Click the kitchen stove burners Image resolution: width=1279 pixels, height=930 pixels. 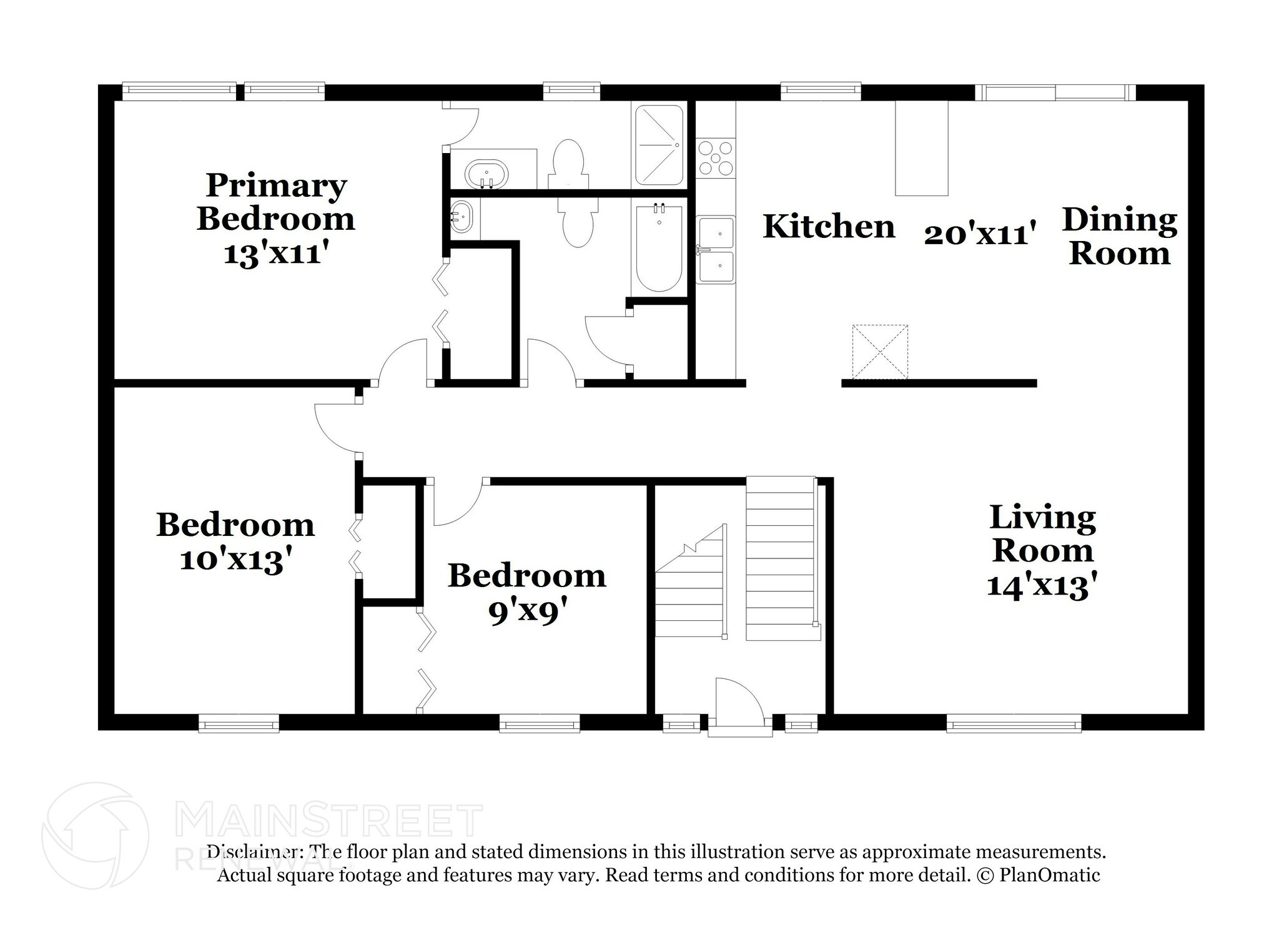click(x=716, y=158)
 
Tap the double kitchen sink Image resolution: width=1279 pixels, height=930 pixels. click(x=716, y=250)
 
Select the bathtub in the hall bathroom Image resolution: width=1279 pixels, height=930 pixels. click(x=658, y=249)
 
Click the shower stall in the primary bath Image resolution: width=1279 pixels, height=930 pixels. click(x=659, y=145)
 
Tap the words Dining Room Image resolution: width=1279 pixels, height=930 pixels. click(x=1119, y=237)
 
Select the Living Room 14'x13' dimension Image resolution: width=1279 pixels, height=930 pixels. click(x=1042, y=586)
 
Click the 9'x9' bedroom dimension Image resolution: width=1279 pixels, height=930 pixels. click(x=526, y=612)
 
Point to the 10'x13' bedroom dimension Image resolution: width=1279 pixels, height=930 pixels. click(x=235, y=560)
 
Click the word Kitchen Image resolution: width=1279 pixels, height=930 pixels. click(x=829, y=226)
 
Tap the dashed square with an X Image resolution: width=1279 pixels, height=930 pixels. click(x=879, y=352)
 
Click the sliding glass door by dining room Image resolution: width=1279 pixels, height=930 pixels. click(x=1055, y=93)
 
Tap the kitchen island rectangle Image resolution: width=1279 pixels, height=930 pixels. click(x=921, y=148)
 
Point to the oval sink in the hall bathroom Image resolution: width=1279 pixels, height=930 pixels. click(x=463, y=217)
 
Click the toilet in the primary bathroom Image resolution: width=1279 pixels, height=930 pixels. click(x=568, y=159)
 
